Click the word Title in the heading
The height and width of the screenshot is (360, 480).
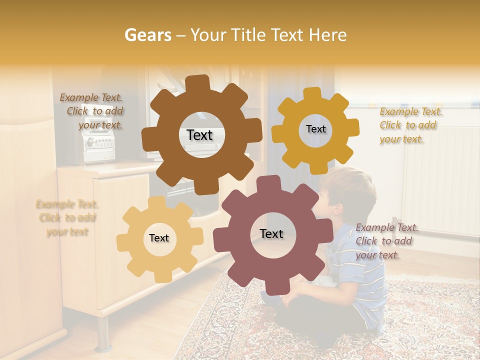(249, 35)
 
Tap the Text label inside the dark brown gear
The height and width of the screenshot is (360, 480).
(199, 135)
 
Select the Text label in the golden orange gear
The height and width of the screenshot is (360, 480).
(315, 129)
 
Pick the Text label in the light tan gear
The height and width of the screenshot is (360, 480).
(159, 238)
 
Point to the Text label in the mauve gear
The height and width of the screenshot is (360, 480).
(271, 233)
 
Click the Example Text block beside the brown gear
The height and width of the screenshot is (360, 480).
(93, 111)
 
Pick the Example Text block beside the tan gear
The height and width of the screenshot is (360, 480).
(67, 218)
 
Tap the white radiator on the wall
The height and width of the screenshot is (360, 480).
(440, 180)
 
